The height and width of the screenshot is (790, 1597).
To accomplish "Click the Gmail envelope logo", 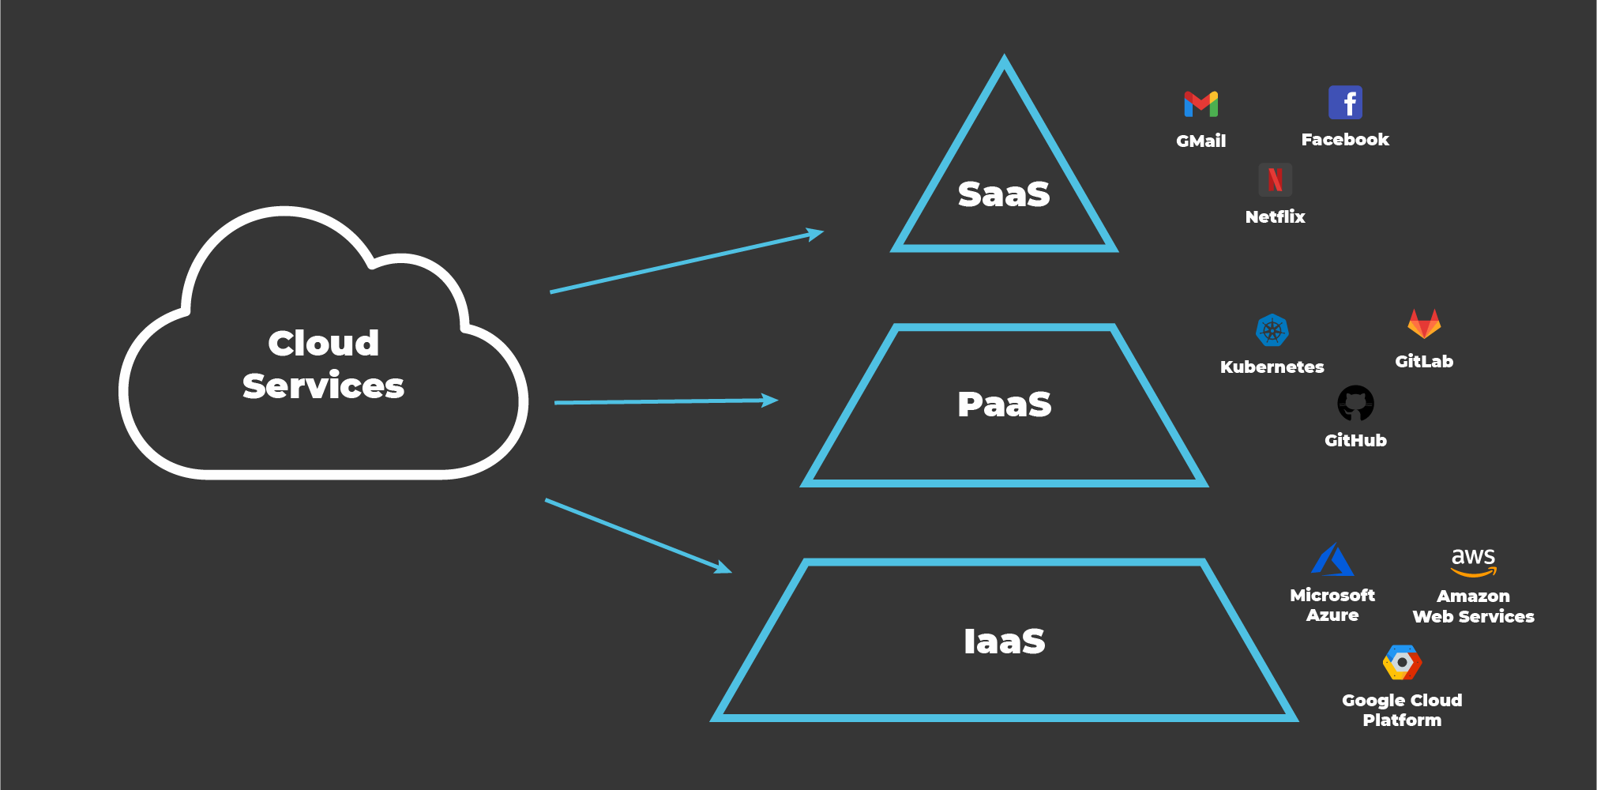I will [1201, 104].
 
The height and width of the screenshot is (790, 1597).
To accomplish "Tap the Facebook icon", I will [1345, 103].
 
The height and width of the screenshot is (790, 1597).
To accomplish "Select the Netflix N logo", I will [1275, 180].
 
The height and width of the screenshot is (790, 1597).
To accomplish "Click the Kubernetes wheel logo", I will [1272, 330].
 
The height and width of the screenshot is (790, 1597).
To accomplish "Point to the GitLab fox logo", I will [1424, 324].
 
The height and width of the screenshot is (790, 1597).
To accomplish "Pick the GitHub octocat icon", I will [1355, 404].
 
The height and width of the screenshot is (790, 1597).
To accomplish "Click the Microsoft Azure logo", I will [1332, 559].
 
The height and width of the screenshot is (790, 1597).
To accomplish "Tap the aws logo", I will [1473, 562].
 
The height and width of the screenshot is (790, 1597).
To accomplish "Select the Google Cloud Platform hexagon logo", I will [1402, 662].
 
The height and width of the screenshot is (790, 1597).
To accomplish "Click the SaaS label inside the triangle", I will [1004, 194].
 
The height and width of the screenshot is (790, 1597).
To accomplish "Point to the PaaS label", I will [1004, 404].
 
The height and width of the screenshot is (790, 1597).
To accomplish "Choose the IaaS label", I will [1004, 641].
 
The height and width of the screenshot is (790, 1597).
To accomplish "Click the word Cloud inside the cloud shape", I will [323, 343].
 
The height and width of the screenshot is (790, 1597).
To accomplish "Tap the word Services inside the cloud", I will [323, 386].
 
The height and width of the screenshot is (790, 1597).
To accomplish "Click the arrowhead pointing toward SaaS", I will [815, 234].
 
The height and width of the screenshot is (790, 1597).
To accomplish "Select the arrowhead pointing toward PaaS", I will [770, 401].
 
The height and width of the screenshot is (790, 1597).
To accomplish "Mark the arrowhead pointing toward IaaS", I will [723, 568].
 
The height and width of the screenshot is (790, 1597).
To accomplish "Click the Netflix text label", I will [1275, 216].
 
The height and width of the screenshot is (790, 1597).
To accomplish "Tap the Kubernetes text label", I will [1272, 367].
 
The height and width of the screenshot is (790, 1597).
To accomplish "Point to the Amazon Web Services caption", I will [1473, 606].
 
